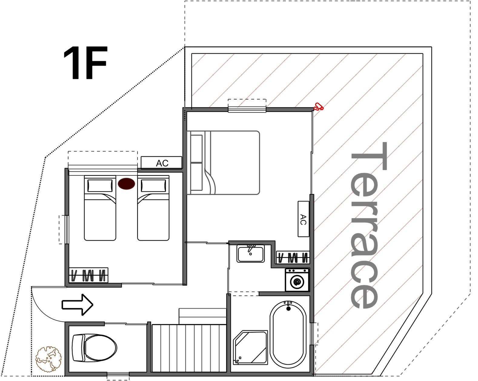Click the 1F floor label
85,63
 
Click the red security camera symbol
318,107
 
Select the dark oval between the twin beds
126,184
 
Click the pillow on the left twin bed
100,186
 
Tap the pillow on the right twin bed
153,186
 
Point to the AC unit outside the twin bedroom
161,163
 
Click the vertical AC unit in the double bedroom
303,219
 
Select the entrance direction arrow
77,305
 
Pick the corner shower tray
250,347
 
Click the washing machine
297,280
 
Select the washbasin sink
251,253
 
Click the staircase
189,348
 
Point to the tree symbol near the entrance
49,359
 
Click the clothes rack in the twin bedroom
88,275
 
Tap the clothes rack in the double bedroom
293,257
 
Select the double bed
223,163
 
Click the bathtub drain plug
289,308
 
